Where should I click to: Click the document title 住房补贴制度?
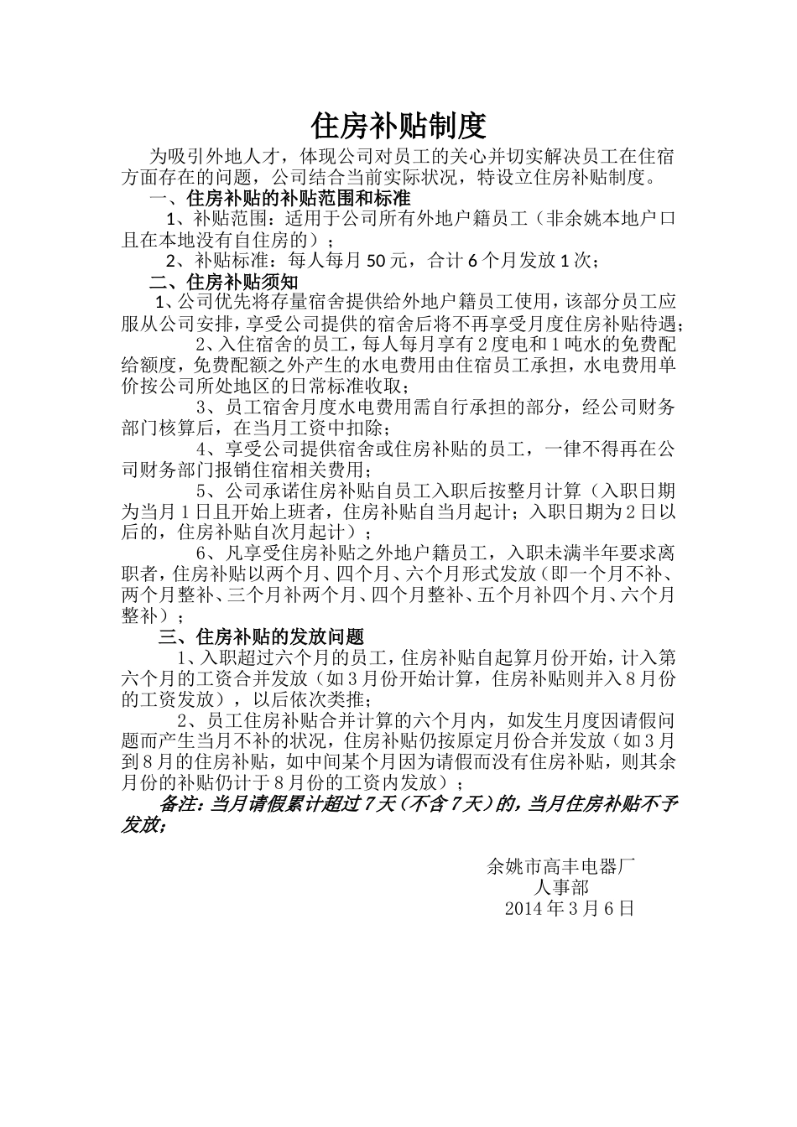click(x=398, y=126)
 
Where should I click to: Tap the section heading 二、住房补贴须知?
click(x=223, y=282)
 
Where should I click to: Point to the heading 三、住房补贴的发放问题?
click(x=261, y=636)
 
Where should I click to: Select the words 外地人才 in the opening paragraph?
click(x=236, y=158)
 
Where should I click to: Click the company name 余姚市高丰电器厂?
click(x=561, y=866)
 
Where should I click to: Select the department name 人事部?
click(x=561, y=887)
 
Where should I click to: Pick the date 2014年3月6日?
click(x=570, y=908)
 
